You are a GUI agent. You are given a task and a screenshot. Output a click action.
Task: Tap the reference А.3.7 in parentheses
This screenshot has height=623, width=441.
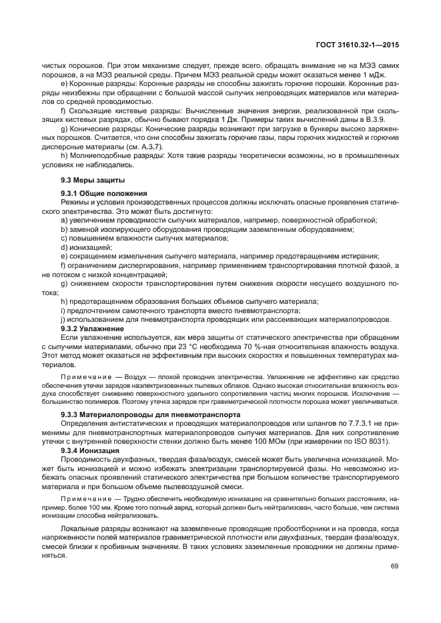pos(148,146)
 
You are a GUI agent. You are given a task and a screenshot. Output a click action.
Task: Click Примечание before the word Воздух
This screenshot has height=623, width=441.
pos(87,376)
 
